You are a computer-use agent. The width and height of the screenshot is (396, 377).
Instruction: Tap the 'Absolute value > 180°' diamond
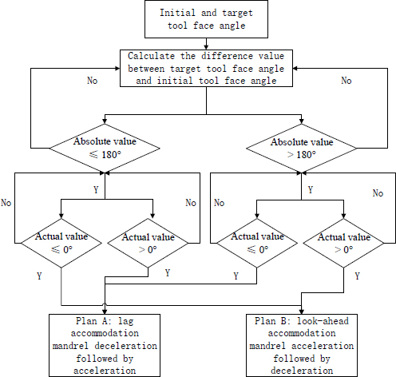302,147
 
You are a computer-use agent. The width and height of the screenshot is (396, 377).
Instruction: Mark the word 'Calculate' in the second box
152,57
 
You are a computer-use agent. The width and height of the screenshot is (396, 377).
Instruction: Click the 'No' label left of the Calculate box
92,81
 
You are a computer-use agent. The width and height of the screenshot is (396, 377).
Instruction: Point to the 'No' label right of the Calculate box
346,81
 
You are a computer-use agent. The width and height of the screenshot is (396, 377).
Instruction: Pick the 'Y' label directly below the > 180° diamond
311,191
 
